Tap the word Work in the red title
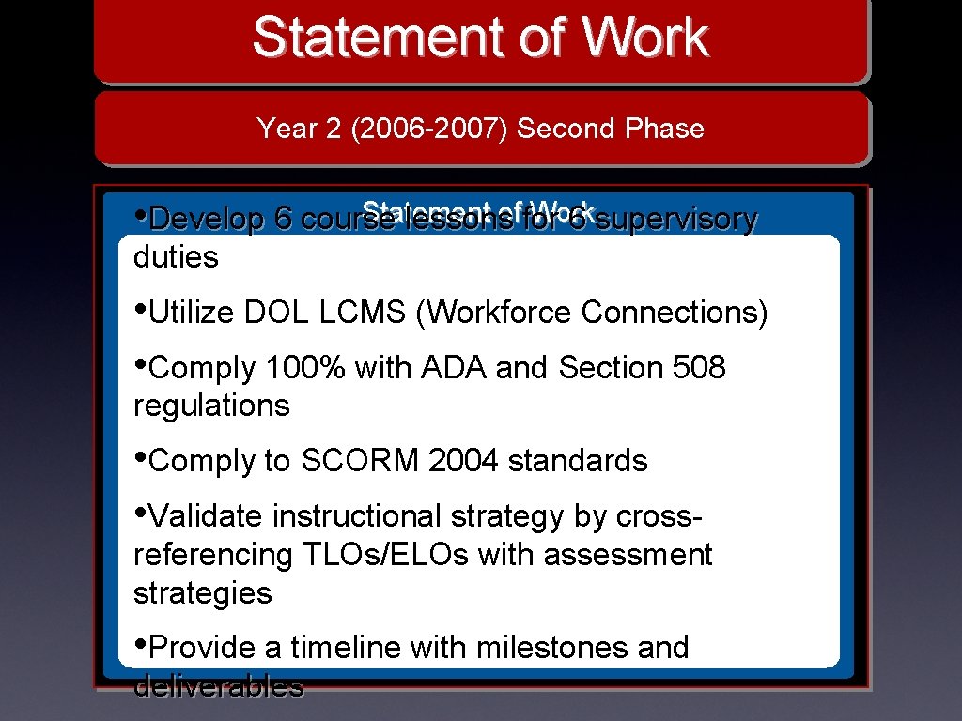(x=645, y=38)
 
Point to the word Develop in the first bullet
(x=207, y=219)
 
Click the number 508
(x=700, y=368)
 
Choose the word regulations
(x=211, y=406)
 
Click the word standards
(x=578, y=461)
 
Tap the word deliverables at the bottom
(x=218, y=686)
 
